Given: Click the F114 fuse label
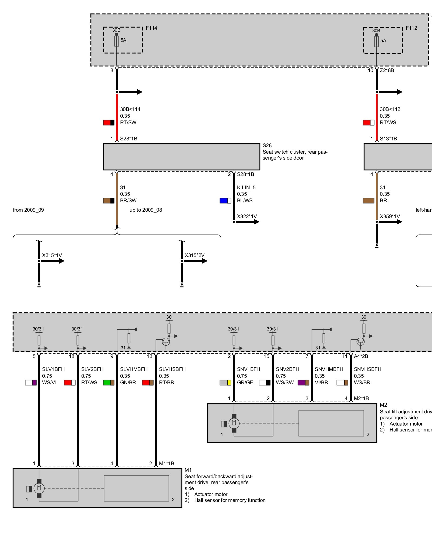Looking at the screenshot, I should click(151, 28).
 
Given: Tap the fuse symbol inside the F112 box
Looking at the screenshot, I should click(376, 41).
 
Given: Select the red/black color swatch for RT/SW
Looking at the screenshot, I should click(109, 123).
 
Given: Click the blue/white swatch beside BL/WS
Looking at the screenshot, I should click(225, 201).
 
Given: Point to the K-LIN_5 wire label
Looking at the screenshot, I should click(246, 187).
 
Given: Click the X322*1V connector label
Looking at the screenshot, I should click(247, 216).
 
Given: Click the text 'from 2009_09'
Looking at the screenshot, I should click(28, 210).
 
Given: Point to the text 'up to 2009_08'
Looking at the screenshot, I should click(146, 210).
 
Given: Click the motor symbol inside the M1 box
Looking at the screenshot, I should click(39, 488).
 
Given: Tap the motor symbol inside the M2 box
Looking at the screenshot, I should click(234, 423).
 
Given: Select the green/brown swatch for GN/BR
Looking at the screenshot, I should click(109, 383).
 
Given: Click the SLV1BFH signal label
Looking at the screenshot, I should click(53, 369).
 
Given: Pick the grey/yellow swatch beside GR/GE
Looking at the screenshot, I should click(225, 383).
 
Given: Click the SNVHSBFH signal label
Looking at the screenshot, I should click(367, 369).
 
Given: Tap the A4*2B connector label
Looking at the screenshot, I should click(361, 356).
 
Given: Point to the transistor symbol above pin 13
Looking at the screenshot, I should click(166, 342).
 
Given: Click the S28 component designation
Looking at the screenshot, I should click(267, 145).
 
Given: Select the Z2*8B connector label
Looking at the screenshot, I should click(387, 70).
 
